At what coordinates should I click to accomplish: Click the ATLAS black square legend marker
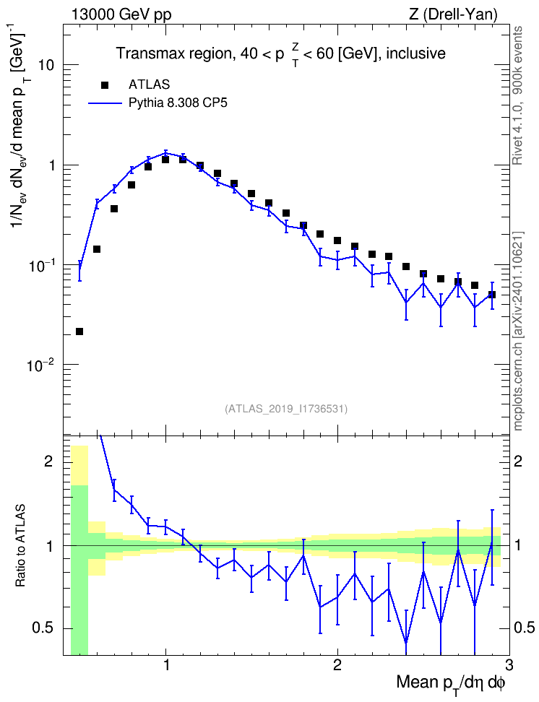pyautogui.click(x=104, y=84)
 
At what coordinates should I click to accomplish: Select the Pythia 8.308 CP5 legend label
pyautogui.click(x=178, y=103)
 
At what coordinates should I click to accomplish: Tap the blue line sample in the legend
pyautogui.click(x=105, y=103)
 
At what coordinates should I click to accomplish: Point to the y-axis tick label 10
pyautogui.click(x=44, y=65)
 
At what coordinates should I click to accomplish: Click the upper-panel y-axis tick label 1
pyautogui.click(x=51, y=165)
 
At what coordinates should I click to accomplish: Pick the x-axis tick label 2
pyautogui.click(x=337, y=665)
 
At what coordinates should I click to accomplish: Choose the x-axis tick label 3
pyautogui.click(x=509, y=665)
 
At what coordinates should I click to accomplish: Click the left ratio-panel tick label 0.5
pyautogui.click(x=43, y=628)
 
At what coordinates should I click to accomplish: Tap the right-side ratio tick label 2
pyautogui.click(x=518, y=461)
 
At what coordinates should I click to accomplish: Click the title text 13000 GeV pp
pyautogui.click(x=121, y=14)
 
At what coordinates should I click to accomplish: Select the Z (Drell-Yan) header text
pyautogui.click(x=453, y=14)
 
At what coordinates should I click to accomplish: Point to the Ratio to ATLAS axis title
pyautogui.click(x=20, y=545)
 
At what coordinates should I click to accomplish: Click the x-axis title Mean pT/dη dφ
pyautogui.click(x=451, y=683)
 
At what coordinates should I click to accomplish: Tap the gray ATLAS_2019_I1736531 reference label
pyautogui.click(x=285, y=408)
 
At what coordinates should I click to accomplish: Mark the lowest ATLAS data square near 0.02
pyautogui.click(x=79, y=331)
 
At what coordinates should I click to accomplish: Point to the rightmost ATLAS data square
pyautogui.click(x=492, y=295)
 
